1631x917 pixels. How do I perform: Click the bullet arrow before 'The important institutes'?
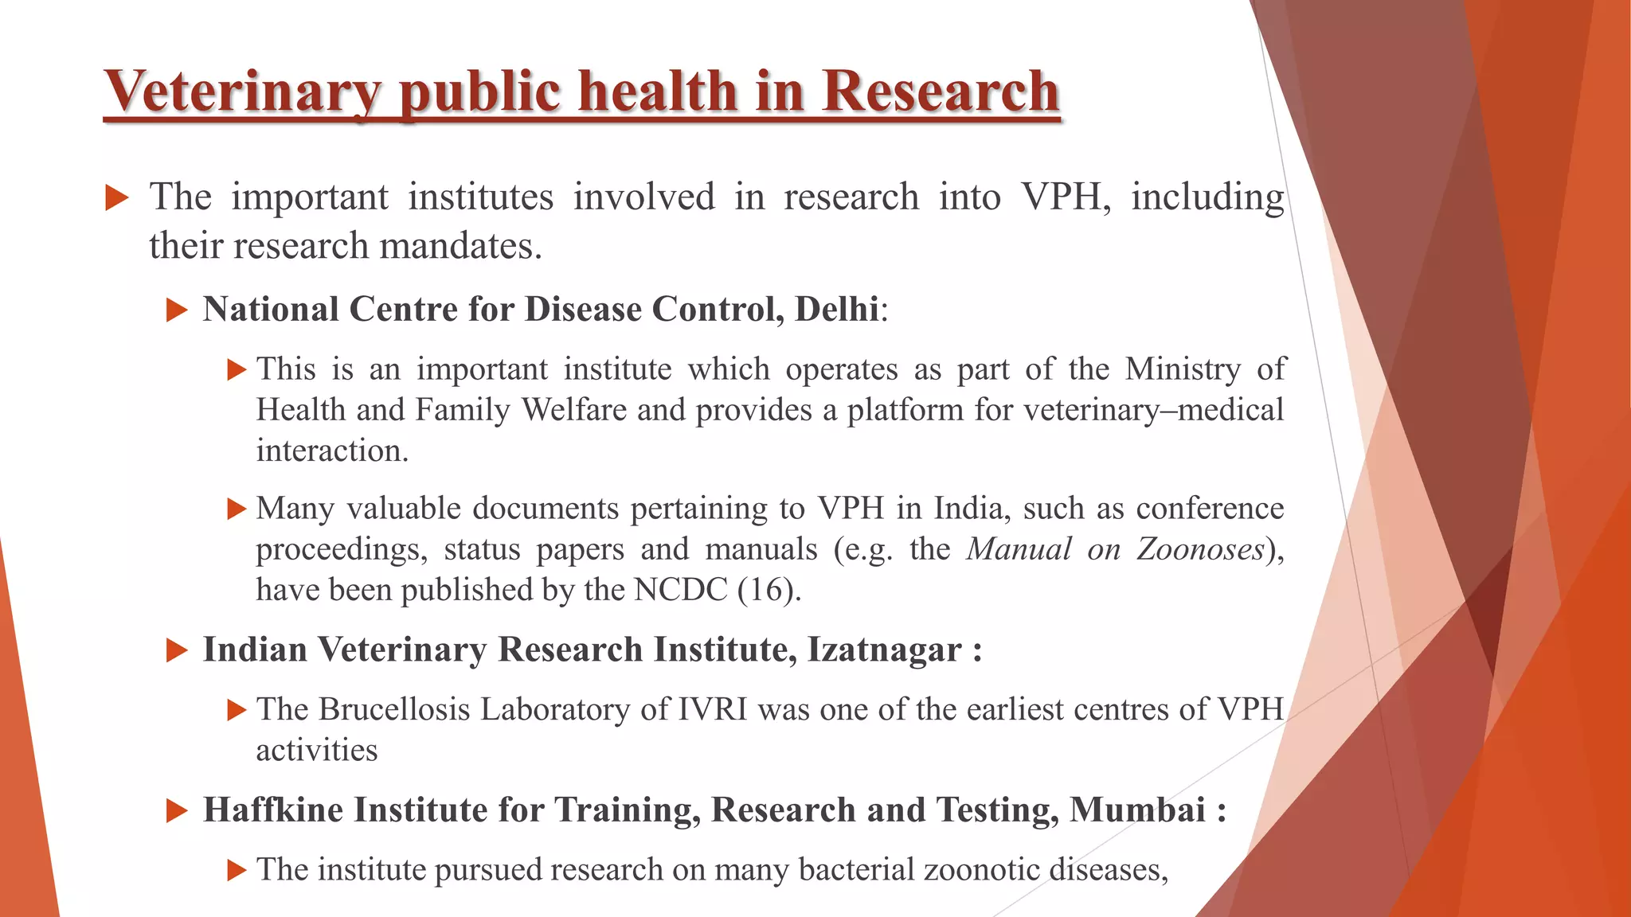(116, 197)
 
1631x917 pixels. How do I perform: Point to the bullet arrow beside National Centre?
(176, 310)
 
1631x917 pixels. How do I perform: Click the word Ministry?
(1183, 369)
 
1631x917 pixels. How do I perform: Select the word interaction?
(331, 451)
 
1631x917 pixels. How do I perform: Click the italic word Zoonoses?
(1200, 549)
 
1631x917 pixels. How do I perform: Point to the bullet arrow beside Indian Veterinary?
(176, 651)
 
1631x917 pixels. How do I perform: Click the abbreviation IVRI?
(713, 709)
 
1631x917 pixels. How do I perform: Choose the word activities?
(317, 751)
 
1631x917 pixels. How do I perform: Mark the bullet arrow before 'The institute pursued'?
(237, 870)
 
